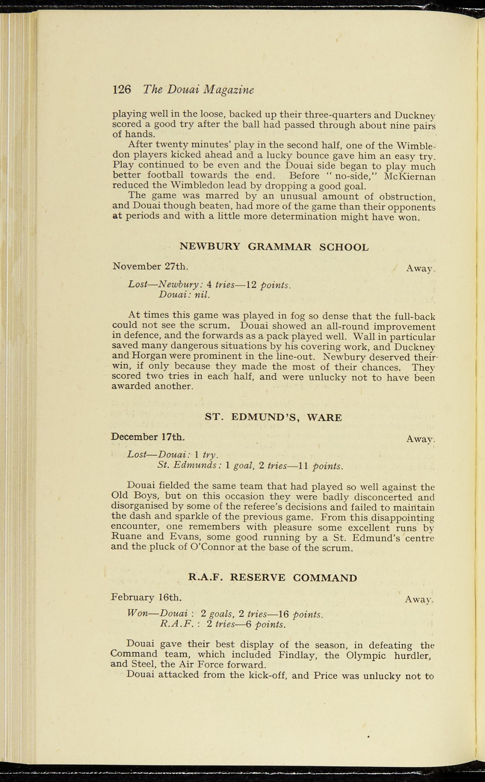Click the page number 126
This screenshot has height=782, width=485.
coord(122,89)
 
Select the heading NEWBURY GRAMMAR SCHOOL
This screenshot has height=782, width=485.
coord(274,247)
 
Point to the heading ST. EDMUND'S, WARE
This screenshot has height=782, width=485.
coord(273,417)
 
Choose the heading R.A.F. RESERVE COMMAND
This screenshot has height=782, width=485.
coord(273,577)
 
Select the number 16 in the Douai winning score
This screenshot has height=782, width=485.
coord(283,614)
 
